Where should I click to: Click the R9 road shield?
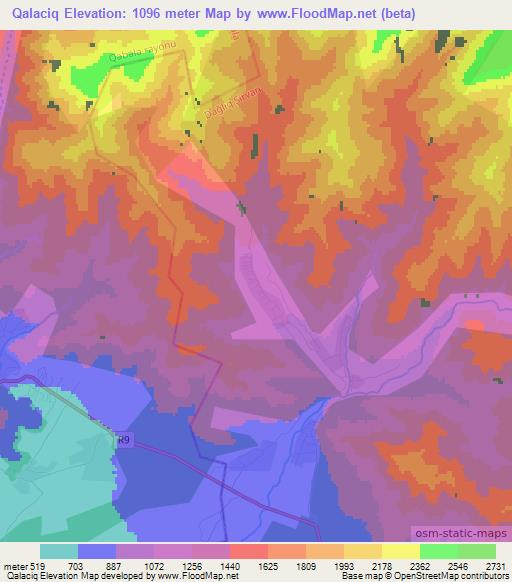pyautogui.click(x=123, y=438)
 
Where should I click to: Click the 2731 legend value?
pyautogui.click(x=494, y=566)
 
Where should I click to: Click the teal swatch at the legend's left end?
pyautogui.click(x=59, y=551)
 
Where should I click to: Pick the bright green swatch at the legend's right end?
pyautogui.click(x=477, y=551)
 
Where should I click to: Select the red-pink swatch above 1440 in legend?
pyautogui.click(x=249, y=551)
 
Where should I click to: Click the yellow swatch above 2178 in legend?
pyautogui.click(x=363, y=551)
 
